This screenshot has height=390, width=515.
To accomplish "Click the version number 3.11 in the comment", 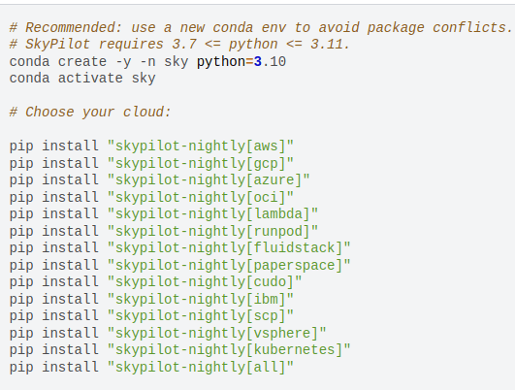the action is pos(331,44).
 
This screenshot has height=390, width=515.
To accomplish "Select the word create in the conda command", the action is pos(82,62).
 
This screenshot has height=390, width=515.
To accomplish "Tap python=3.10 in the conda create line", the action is pos(241,62).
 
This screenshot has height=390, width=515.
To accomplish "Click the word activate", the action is pos(90,79).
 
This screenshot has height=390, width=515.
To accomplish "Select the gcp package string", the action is pos(201,163).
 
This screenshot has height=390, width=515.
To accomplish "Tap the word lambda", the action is pos(277,213).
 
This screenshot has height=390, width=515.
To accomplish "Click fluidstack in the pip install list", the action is pos(294,247).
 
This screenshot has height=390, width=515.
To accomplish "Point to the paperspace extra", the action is pos(294,265).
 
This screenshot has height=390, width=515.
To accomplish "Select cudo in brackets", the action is pos(270,281).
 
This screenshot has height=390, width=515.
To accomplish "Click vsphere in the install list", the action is pos(282,333).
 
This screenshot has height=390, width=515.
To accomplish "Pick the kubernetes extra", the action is pos(294,349).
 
